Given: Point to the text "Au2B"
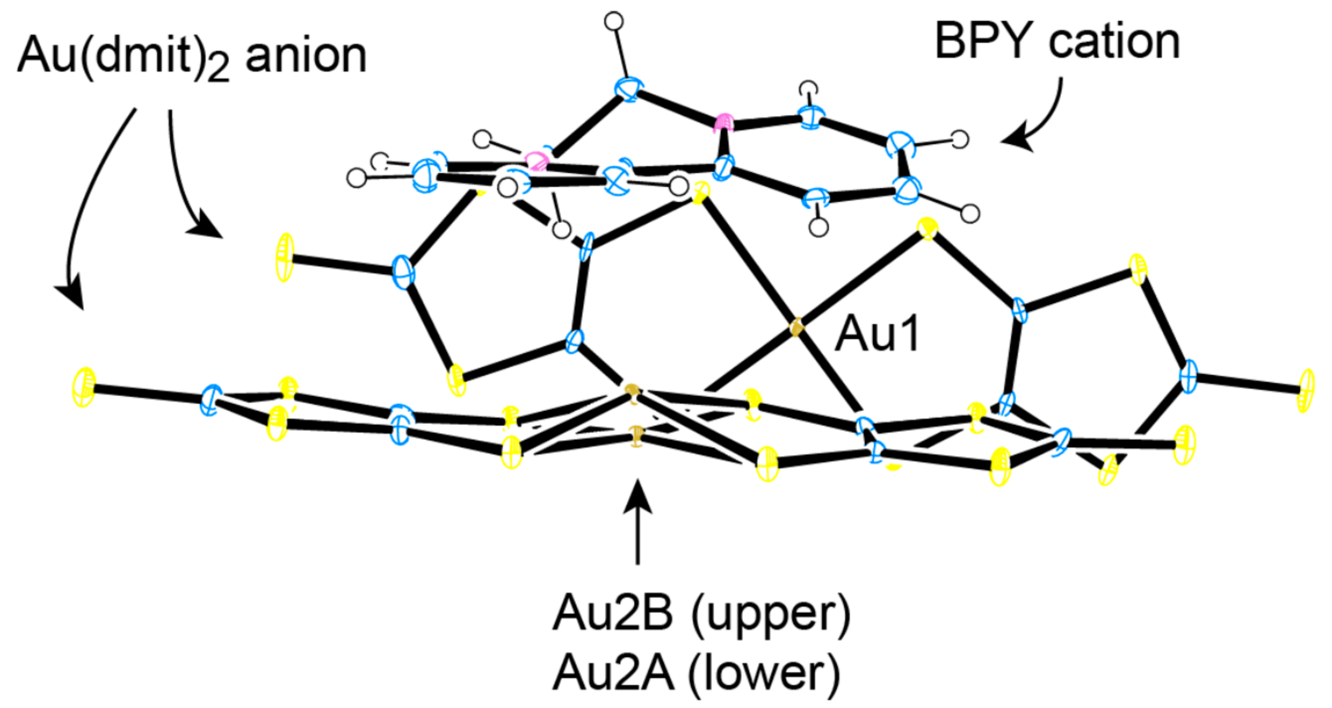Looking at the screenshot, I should (x=613, y=614).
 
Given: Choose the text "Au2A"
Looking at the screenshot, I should (x=613, y=672).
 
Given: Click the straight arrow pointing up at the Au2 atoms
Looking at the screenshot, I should (x=638, y=523).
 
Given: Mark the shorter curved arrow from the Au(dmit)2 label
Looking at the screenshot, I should (x=189, y=181).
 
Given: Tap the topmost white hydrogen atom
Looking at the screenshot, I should (x=614, y=22).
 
